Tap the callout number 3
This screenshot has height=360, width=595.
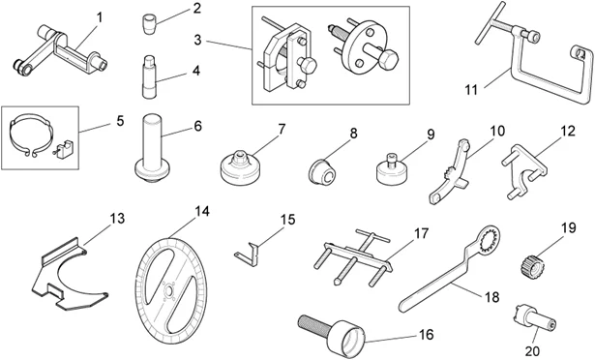[196, 42]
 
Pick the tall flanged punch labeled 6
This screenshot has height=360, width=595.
[152, 146]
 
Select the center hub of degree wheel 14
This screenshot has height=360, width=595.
[169, 288]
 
